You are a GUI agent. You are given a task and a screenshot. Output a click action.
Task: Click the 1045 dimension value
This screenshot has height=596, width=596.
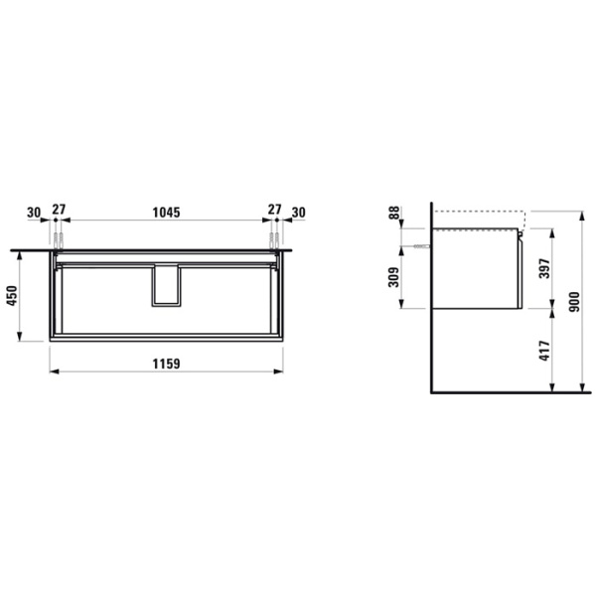click(166, 212)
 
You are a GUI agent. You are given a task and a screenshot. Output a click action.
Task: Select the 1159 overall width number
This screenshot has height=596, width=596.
click(166, 364)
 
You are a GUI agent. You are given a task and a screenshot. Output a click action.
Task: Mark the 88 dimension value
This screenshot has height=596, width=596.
click(395, 213)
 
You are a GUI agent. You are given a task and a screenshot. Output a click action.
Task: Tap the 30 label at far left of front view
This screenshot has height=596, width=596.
click(35, 212)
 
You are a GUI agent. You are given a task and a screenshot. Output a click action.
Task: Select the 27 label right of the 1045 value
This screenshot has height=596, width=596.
click(274, 212)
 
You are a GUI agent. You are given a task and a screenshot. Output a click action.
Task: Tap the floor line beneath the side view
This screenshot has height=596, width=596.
click(507, 391)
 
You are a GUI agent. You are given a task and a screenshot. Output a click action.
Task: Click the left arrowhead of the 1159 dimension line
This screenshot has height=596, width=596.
click(53, 372)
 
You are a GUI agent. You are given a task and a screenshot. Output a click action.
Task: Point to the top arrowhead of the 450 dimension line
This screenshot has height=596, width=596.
click(19, 253)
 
